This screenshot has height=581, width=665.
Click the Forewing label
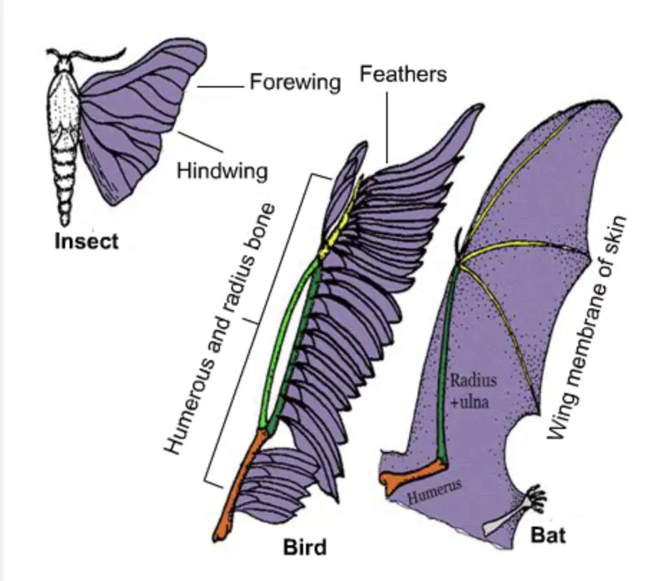pyautogui.click(x=295, y=82)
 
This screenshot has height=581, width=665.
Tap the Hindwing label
pyautogui.click(x=222, y=171)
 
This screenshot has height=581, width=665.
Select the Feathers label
pyautogui.click(x=403, y=74)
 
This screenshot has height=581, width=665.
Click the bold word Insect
pyautogui.click(x=87, y=242)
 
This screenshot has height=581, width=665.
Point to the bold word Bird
pyautogui.click(x=305, y=547)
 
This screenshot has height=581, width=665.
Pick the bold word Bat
pyautogui.click(x=548, y=535)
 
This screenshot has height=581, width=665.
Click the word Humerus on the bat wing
pyautogui.click(x=434, y=491)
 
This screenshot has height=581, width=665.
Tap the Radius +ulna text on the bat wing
pyautogui.click(x=472, y=390)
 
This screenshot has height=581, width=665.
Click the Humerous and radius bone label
pyautogui.click(x=221, y=329)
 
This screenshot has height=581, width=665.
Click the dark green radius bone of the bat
pyautogui.click(x=449, y=361)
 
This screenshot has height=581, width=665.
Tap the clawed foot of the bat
pyautogui.click(x=535, y=499)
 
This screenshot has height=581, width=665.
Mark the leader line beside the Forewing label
pyautogui.click(x=221, y=87)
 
